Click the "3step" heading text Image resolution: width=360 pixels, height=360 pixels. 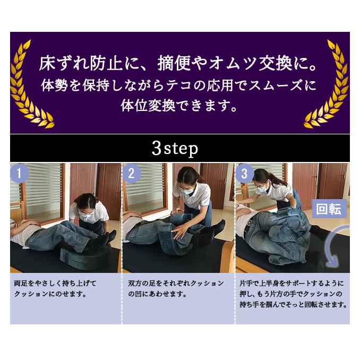175,148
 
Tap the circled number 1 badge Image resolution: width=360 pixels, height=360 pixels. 20,174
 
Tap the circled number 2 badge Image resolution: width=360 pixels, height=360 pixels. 132,174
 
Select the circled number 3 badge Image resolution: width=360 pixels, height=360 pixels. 245,174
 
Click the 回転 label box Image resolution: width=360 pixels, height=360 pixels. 329,209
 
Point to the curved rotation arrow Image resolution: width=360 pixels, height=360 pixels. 337,246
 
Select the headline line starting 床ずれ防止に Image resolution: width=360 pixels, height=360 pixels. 179,64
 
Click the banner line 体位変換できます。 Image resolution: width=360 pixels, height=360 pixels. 179,104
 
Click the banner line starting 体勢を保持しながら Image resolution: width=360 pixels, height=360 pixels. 179,84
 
